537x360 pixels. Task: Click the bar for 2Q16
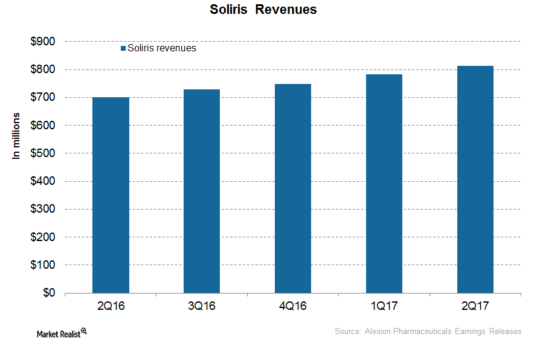[x=111, y=195]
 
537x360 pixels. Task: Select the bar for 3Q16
[x=202, y=191]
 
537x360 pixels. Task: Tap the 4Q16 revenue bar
[x=293, y=188]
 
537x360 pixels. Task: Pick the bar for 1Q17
[x=384, y=184]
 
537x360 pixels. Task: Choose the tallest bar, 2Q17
[x=475, y=179]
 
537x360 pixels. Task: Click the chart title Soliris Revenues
[x=263, y=10]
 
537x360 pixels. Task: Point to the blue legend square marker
[x=123, y=48]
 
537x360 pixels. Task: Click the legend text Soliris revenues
[x=162, y=48]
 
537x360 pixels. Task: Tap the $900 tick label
[x=42, y=42]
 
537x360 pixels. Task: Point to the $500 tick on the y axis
[x=42, y=153]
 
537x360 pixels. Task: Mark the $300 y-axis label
[x=42, y=209]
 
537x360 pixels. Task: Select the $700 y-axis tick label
[x=42, y=97]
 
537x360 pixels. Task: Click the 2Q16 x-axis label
[x=111, y=306]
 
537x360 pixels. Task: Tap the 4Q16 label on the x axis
[x=293, y=306]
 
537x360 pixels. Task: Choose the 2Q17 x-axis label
[x=475, y=306]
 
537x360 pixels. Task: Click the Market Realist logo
[x=58, y=333]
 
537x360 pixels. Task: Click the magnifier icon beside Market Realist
[x=84, y=331]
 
